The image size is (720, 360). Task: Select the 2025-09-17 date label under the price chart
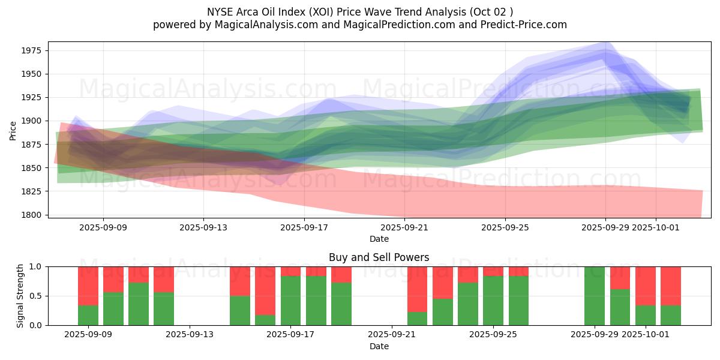point(304,227)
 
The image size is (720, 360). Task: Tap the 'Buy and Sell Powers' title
point(379,257)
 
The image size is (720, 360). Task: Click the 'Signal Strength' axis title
point(20,296)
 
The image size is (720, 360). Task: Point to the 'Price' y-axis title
point(13,130)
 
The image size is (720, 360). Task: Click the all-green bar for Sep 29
point(595,296)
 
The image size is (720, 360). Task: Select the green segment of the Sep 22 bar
point(418,319)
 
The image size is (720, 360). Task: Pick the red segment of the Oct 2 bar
point(671,286)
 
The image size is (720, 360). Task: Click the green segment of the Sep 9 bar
point(88,316)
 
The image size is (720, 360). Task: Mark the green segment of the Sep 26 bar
point(518,301)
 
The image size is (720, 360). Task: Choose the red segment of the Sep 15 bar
point(240,281)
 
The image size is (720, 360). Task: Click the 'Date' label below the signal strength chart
point(379,346)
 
